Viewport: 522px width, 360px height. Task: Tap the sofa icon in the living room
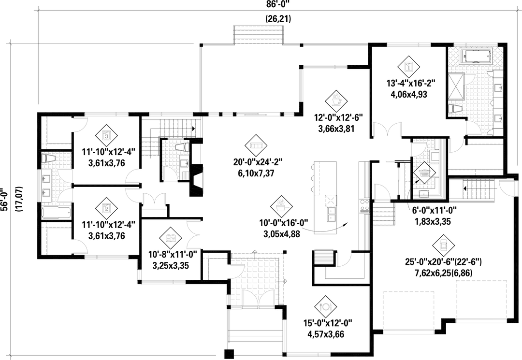256,146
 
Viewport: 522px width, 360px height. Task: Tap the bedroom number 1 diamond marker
408,67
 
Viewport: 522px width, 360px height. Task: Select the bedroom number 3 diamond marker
106,136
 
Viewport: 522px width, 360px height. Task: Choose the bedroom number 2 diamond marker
106,209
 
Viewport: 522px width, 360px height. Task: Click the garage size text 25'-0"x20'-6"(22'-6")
443,262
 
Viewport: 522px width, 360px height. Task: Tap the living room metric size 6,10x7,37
254,173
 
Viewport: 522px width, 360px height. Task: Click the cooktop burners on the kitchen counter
363,206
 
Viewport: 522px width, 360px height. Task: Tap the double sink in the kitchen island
331,215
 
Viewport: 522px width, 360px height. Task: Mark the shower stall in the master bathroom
456,86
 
